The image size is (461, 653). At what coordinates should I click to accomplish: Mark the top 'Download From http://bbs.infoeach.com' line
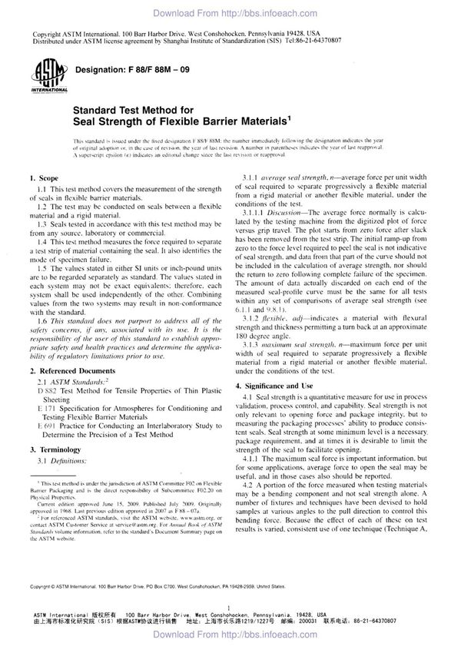point(230,12)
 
